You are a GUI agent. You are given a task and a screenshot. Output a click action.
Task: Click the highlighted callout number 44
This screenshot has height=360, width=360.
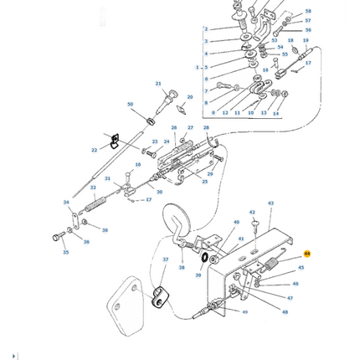click(x=307, y=254)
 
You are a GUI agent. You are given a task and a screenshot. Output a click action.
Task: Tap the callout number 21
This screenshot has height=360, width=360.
click(x=158, y=84)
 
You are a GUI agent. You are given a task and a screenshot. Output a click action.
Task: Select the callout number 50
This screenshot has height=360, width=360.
click(x=130, y=105)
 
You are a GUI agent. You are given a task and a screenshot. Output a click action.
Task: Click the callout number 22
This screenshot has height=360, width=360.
click(x=94, y=151)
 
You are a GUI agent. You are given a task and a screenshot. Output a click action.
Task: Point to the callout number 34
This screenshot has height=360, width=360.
click(x=66, y=203)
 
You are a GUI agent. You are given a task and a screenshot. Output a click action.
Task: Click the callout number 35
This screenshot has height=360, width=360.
click(x=65, y=252)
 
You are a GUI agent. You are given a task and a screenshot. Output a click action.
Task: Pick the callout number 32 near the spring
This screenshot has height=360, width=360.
click(x=93, y=188)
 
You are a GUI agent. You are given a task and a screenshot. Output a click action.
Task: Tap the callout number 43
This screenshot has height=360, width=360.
click(x=270, y=203)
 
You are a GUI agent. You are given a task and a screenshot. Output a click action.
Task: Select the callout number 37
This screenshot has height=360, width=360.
click(x=165, y=260)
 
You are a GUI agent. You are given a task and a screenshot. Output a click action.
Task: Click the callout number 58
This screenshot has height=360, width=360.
click(x=307, y=12)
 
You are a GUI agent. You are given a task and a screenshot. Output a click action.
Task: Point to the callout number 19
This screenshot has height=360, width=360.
click(x=306, y=40)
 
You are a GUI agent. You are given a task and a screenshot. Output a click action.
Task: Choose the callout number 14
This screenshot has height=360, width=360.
click(x=275, y=113)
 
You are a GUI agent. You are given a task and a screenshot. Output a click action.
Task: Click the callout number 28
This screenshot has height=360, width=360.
click(x=206, y=128)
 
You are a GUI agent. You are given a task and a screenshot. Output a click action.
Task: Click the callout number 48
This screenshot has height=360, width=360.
click(x=285, y=312)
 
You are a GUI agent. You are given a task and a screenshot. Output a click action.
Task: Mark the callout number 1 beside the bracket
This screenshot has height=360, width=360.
click(x=198, y=67)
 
